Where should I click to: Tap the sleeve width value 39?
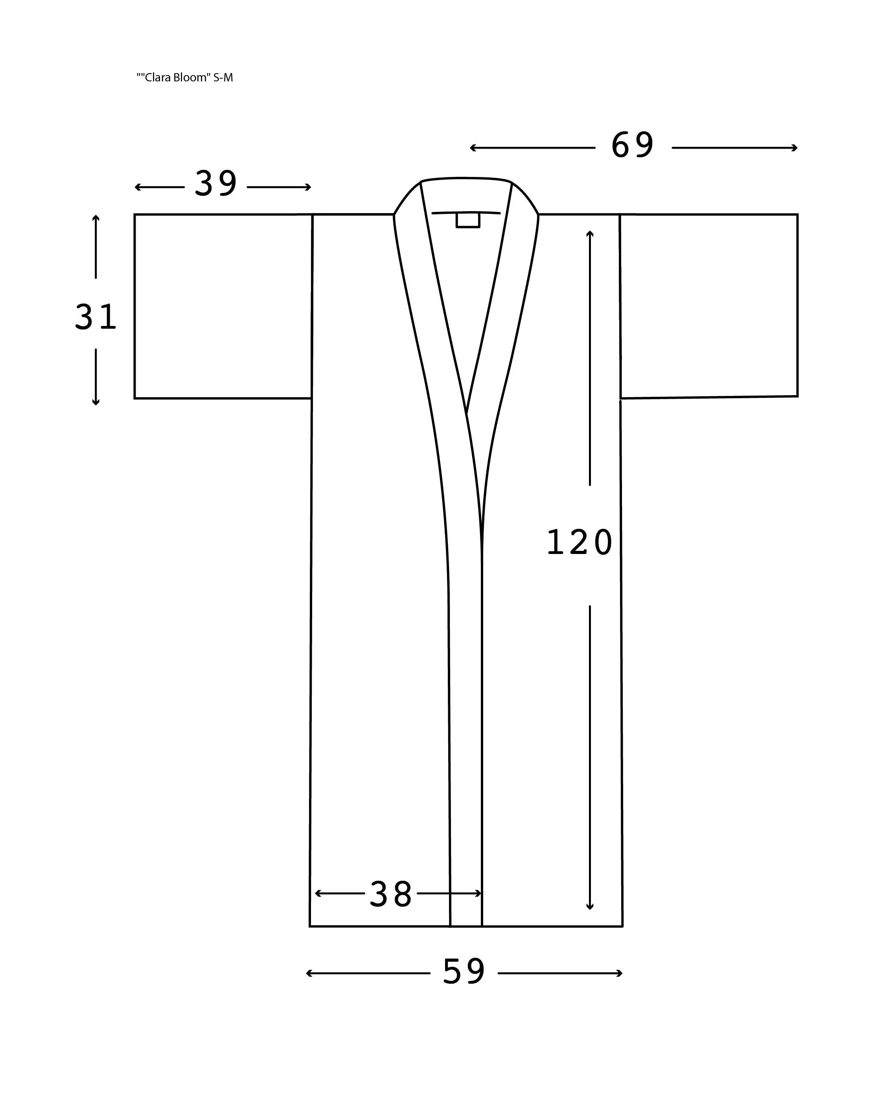point(215,184)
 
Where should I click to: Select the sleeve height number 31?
point(96,317)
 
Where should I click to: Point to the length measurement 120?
point(579,543)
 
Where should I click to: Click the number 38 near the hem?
point(391,894)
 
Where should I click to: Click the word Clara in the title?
point(158,77)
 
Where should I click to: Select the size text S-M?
point(223,77)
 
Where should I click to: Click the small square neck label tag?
point(467,221)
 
